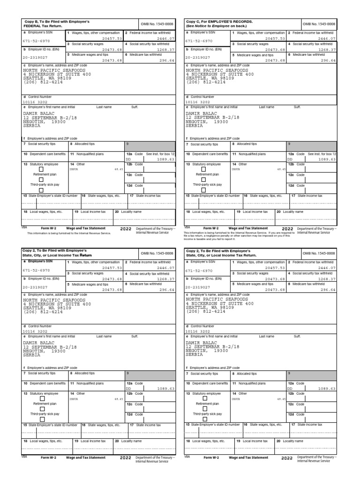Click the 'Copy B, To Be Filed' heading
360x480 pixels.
(56, 22)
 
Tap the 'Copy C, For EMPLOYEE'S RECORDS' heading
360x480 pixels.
(219, 22)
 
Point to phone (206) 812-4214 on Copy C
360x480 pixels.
(206, 82)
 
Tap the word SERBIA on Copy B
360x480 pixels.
(31, 126)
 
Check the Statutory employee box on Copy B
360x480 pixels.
(41, 170)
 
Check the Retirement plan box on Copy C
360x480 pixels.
(204, 179)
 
